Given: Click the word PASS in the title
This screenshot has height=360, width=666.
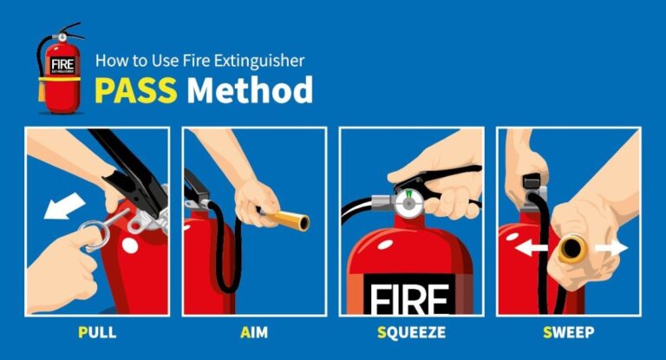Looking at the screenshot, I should tap(137, 90).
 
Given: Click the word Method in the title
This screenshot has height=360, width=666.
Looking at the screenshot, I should tap(251, 90).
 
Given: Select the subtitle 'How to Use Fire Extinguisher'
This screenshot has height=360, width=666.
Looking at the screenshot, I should tap(199, 62).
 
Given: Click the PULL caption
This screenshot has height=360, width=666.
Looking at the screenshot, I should tap(96, 332).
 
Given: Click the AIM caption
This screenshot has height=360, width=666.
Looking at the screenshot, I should tap(253, 332).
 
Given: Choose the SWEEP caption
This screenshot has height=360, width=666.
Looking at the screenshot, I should tap(568, 332).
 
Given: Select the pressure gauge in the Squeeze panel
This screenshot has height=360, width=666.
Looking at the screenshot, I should tap(408, 205).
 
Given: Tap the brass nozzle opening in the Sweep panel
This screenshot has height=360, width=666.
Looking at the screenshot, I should tap(571, 250).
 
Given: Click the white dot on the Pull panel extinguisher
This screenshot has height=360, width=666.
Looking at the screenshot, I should tap(129, 245).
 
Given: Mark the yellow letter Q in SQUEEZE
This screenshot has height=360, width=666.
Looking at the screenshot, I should tap(390, 332).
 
